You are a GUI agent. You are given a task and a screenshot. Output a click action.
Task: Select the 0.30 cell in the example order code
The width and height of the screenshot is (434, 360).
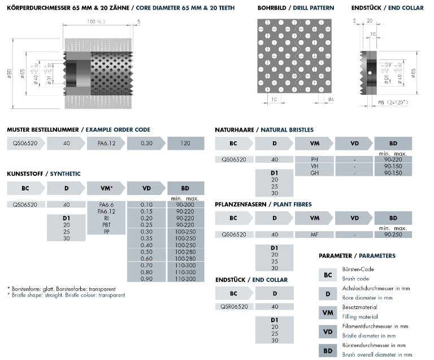click(146, 144)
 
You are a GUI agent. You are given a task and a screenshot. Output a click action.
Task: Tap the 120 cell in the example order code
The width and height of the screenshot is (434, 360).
click(186, 144)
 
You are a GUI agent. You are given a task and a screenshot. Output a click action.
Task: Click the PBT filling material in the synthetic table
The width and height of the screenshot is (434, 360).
click(106, 225)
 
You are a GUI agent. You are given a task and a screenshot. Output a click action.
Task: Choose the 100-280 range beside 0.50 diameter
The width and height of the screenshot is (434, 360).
click(186, 252)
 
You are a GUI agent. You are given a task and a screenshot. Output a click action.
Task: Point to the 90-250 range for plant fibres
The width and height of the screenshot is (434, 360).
click(394, 234)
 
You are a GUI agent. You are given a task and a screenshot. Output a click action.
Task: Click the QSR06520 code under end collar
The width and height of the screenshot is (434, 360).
click(233, 306)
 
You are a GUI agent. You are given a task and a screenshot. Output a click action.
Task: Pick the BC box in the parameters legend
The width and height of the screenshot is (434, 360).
click(328, 275)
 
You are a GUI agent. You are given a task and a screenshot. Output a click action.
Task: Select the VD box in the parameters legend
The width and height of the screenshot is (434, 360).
click(328, 331)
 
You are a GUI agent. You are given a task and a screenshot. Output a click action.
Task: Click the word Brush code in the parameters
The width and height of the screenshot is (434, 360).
click(355, 279)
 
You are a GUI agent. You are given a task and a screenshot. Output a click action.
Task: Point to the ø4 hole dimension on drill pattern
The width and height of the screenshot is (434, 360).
click(331, 100)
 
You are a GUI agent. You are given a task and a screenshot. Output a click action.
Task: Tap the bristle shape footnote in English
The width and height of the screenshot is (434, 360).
click(66, 295)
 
